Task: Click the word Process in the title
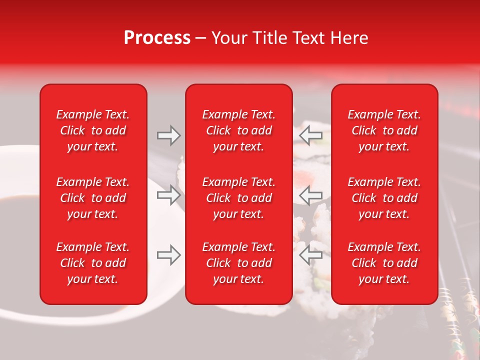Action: point(157,38)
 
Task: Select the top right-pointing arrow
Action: point(169,135)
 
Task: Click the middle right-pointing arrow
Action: point(169,194)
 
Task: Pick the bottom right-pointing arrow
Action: point(169,255)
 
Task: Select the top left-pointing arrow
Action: point(310,135)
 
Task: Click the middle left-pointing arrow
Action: point(310,194)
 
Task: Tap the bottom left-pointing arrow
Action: point(310,255)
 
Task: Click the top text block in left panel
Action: point(93,130)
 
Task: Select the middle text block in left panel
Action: point(93,198)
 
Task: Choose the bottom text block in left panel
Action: point(93,263)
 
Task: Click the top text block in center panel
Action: point(238,130)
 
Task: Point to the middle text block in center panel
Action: point(238,198)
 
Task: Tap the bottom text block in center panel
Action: point(238,263)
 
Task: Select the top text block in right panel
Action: point(384,130)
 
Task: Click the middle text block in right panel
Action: point(384,198)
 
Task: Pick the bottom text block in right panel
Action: point(384,263)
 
